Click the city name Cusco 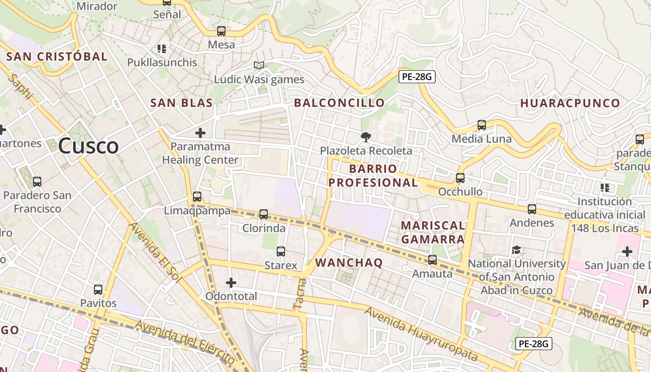click(x=88, y=146)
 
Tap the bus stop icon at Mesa click(x=221, y=31)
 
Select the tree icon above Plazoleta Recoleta click(x=366, y=137)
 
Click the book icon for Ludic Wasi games click(x=259, y=66)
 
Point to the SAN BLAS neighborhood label click(x=181, y=103)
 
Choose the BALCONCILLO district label click(x=339, y=103)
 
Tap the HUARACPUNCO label click(x=570, y=103)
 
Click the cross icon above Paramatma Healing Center click(x=200, y=133)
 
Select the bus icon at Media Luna click(x=482, y=125)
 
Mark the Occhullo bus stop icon click(x=460, y=178)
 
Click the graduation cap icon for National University click(x=516, y=250)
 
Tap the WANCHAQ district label click(x=349, y=263)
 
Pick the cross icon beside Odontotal click(x=231, y=282)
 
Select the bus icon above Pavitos click(x=98, y=290)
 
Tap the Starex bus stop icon click(x=281, y=252)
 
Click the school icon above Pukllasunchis click(x=162, y=49)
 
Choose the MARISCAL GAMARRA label click(x=433, y=232)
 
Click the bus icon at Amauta click(x=432, y=260)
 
